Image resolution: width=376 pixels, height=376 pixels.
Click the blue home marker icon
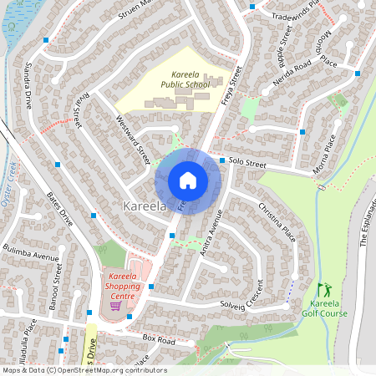188,180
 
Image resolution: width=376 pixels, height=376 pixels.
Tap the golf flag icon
323,288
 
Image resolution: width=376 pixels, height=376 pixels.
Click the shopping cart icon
115,305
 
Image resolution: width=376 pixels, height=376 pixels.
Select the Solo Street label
247,165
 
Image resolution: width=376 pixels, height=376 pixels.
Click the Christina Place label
277,221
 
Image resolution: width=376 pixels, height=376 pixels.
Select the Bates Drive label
61,211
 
